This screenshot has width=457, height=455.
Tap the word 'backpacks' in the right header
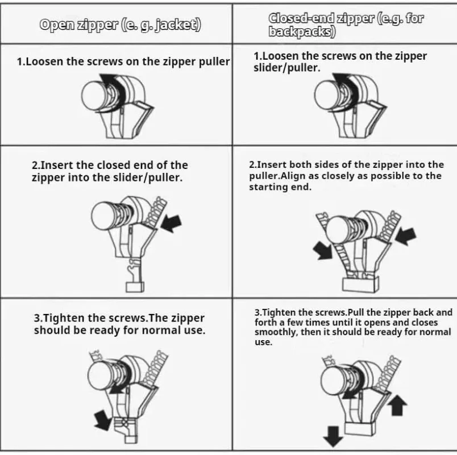click(x=301, y=32)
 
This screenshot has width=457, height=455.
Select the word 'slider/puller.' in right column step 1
click(x=286, y=68)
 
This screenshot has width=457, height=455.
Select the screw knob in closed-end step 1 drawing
click(x=326, y=94)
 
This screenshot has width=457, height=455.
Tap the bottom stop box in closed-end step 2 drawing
click(x=360, y=283)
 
